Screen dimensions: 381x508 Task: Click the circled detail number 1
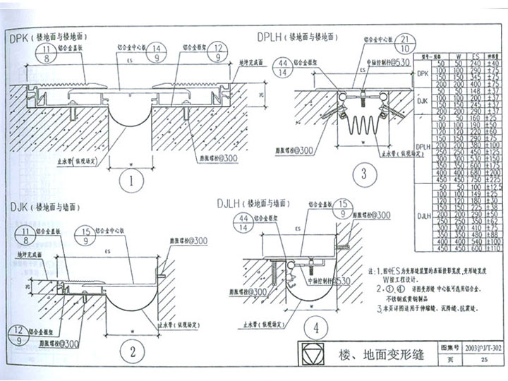[131, 180]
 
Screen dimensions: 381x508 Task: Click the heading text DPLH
[272, 37]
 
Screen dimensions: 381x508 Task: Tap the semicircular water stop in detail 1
[131, 131]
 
